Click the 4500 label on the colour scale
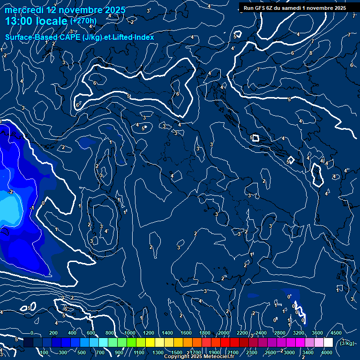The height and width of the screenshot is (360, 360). tap(336, 333)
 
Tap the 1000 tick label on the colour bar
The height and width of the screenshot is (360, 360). tap(129, 333)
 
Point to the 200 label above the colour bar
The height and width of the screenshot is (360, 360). tap(53, 333)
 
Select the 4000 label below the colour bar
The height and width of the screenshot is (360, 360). tap(326, 352)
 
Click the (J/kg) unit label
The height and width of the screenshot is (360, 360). tap(347, 343)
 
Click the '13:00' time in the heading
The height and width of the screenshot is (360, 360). tap(19, 21)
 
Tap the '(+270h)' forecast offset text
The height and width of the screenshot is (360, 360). tap(83, 21)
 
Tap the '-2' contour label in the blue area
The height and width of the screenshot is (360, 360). tap(10, 192)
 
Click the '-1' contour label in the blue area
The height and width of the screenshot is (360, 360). tap(31, 208)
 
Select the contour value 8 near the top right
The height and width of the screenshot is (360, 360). tap(310, 53)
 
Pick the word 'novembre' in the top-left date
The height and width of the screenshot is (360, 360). tap(82, 10)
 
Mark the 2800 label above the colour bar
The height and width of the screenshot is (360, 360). tap(279, 333)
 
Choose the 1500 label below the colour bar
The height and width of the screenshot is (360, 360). tap(177, 352)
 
